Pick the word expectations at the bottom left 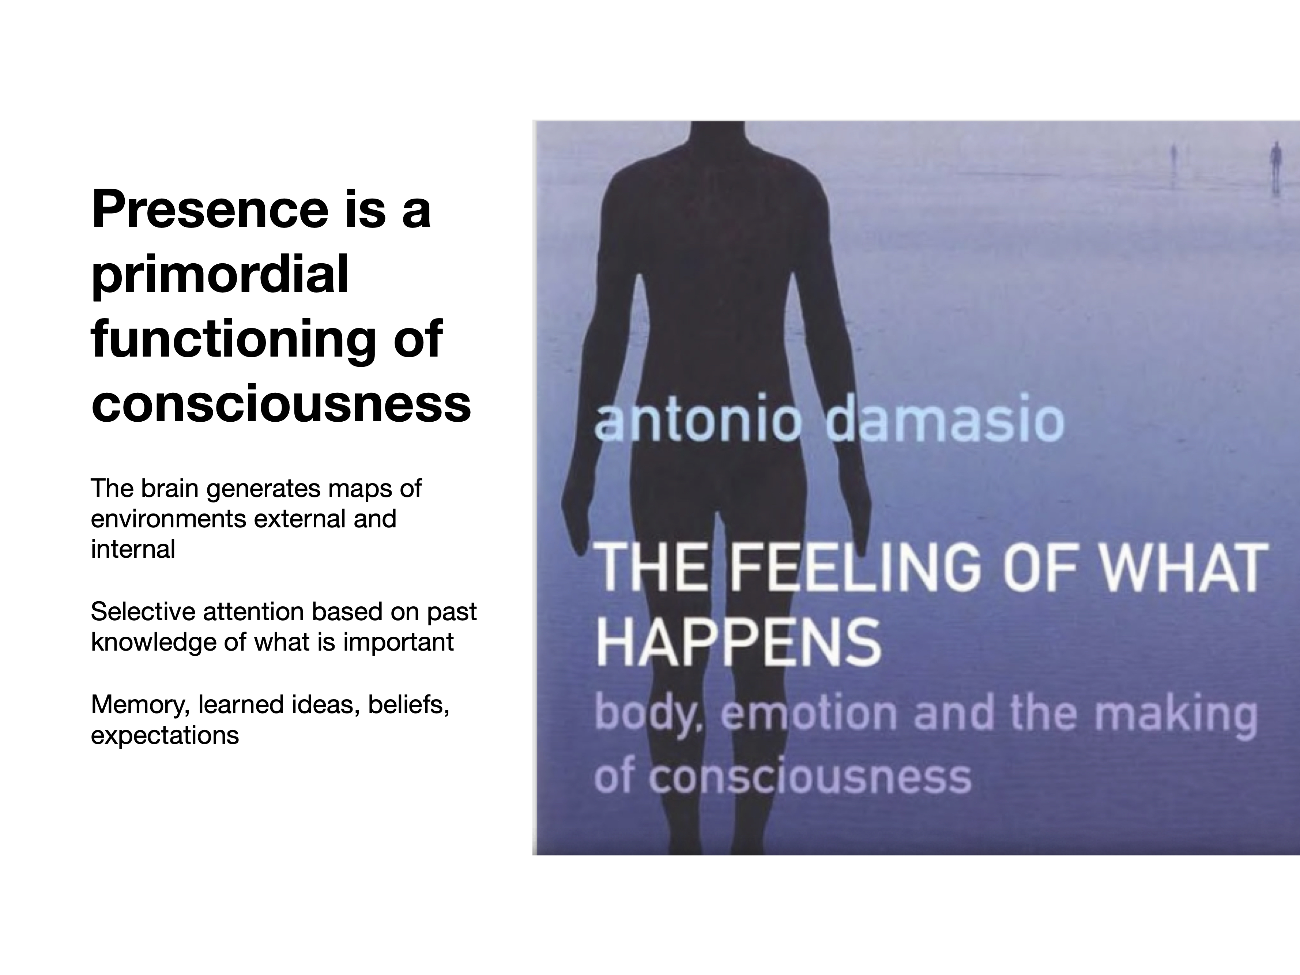(x=165, y=735)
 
